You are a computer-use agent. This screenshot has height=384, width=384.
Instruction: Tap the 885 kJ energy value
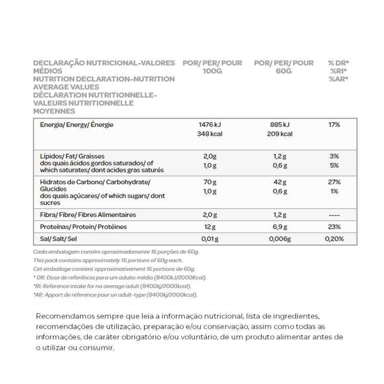tap(280, 124)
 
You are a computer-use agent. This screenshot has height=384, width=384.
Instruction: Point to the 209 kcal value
tap(280, 134)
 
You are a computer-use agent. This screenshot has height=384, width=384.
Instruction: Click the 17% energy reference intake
tap(334, 124)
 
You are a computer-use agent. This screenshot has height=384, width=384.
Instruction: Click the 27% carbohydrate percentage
tap(334, 182)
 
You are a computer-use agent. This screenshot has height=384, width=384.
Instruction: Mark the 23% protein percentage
tap(334, 227)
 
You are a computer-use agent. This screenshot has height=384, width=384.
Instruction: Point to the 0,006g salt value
tap(280, 239)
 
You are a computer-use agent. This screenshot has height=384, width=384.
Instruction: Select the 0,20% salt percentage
tap(334, 239)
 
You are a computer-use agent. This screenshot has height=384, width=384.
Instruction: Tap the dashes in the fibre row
tap(334, 215)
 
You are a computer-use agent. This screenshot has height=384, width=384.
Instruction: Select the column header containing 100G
tap(212, 67)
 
